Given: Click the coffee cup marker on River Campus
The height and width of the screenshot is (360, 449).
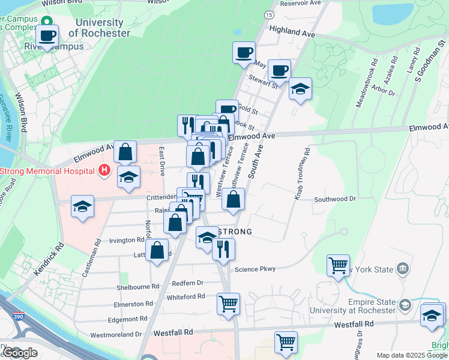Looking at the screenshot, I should pos(47,35).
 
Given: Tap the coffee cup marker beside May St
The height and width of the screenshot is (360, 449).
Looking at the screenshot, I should pos(244,52).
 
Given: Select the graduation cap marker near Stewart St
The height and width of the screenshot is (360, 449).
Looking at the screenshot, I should pos(300,89).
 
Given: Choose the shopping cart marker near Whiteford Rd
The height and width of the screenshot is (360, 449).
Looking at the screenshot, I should pos(228,304).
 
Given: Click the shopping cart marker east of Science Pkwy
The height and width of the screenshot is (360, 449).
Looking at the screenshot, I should pos(338,265).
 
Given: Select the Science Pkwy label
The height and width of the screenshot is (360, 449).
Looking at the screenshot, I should pos(255,269).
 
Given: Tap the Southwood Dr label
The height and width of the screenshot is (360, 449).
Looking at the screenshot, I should pos(335,199).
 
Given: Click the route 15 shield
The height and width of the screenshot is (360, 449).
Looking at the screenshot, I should pos(269,14).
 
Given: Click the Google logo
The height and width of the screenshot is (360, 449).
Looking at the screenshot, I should pos(20,353).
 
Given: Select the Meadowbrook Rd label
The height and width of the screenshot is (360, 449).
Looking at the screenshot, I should pos(367,82).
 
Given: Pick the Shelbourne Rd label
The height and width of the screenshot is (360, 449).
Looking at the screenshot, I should pos(138,287).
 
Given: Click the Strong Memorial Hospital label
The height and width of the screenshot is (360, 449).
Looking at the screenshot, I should pos(48,171).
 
